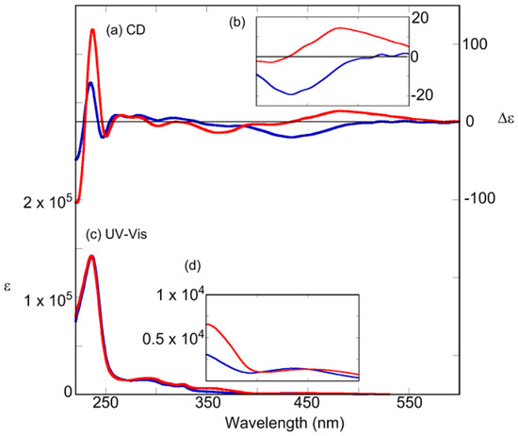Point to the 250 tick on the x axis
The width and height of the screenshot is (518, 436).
point(105,402)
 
